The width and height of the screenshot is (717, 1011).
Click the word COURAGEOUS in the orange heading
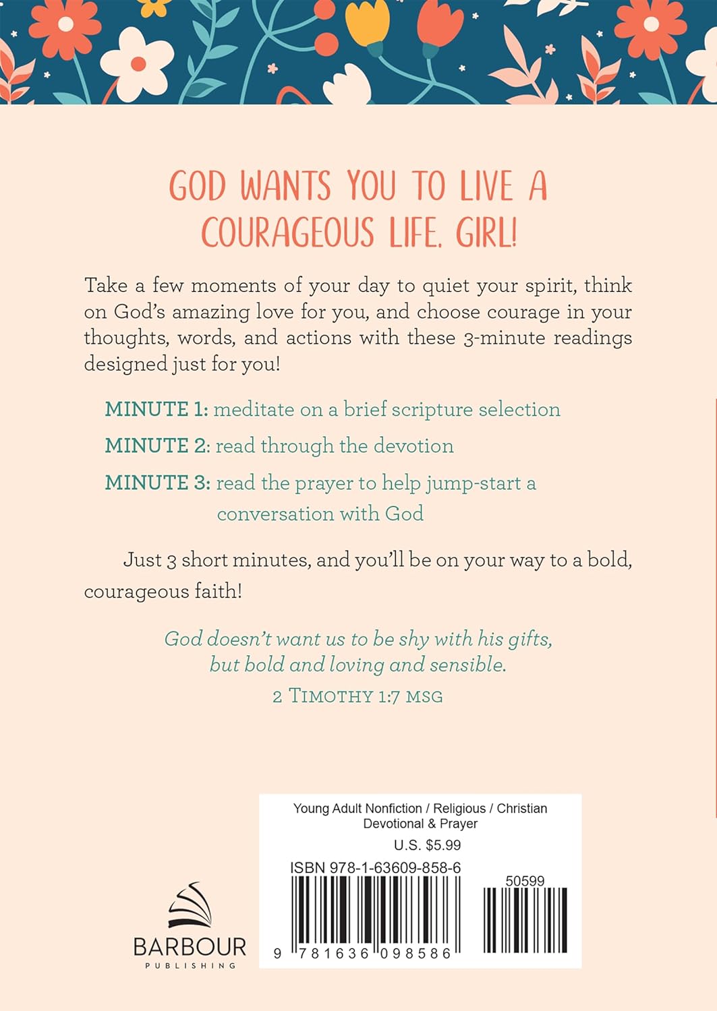[x=287, y=233]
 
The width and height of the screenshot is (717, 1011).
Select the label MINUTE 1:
[x=156, y=409]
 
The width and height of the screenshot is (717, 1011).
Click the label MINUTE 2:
[x=158, y=446]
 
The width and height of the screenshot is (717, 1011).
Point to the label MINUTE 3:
[x=158, y=483]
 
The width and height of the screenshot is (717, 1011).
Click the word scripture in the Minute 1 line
[x=432, y=409]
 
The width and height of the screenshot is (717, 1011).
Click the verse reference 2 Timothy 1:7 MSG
[x=357, y=696]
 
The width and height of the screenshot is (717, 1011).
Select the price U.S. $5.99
[x=427, y=845]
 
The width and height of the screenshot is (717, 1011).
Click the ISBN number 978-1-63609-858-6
[x=395, y=868]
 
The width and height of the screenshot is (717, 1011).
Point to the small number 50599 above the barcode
[x=525, y=881]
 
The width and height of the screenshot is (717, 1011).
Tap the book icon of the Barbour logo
[x=190, y=905]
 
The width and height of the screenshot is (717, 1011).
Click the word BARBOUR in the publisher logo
[x=190, y=947]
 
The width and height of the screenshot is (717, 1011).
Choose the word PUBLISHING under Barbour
[x=190, y=966]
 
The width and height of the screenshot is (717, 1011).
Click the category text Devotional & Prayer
[x=420, y=824]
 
